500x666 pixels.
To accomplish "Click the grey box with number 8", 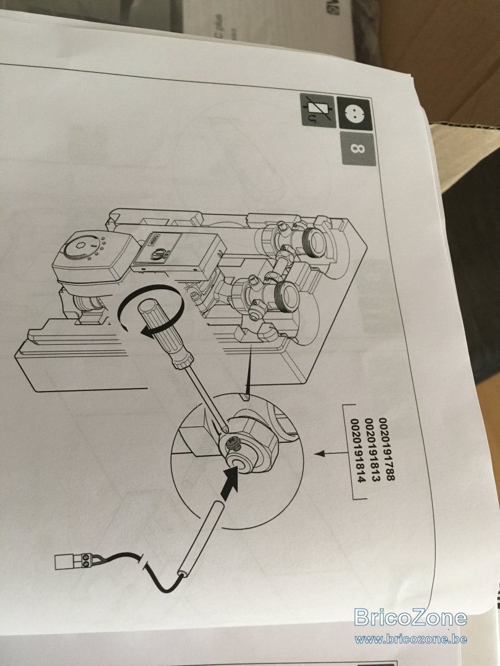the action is pyautogui.click(x=357, y=149).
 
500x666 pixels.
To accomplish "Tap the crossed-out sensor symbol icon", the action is pyautogui.click(x=319, y=110).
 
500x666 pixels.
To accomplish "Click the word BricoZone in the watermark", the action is pyautogui.click(x=410, y=617).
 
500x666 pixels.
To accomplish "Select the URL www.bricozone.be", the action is pyautogui.click(x=410, y=639).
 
